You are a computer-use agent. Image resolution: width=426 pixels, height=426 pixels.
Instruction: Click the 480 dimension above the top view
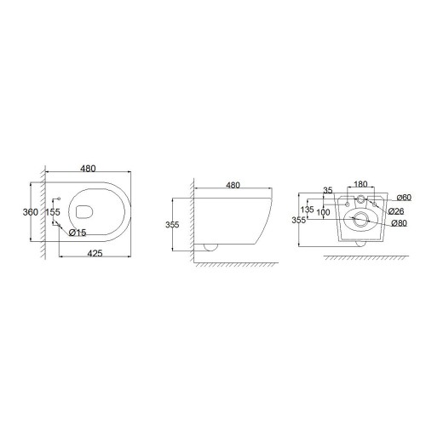point(88,169)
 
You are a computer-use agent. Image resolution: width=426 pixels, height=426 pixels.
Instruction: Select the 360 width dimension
point(31,212)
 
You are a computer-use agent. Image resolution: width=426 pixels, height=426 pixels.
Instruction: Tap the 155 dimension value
point(53,212)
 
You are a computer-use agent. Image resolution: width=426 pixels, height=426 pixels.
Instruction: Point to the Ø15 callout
point(78,233)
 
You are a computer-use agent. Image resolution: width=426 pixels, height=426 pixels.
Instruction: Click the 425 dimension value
point(95,253)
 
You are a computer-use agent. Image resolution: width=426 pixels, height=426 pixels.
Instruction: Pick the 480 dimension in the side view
point(233,185)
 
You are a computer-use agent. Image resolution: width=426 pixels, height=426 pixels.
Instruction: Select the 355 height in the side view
point(172,225)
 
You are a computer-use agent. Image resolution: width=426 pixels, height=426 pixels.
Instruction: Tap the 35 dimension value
point(328,190)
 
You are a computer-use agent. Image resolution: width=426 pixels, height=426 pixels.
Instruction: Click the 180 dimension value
point(360,184)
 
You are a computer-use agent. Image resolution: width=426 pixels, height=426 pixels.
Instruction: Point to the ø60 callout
point(404,197)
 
